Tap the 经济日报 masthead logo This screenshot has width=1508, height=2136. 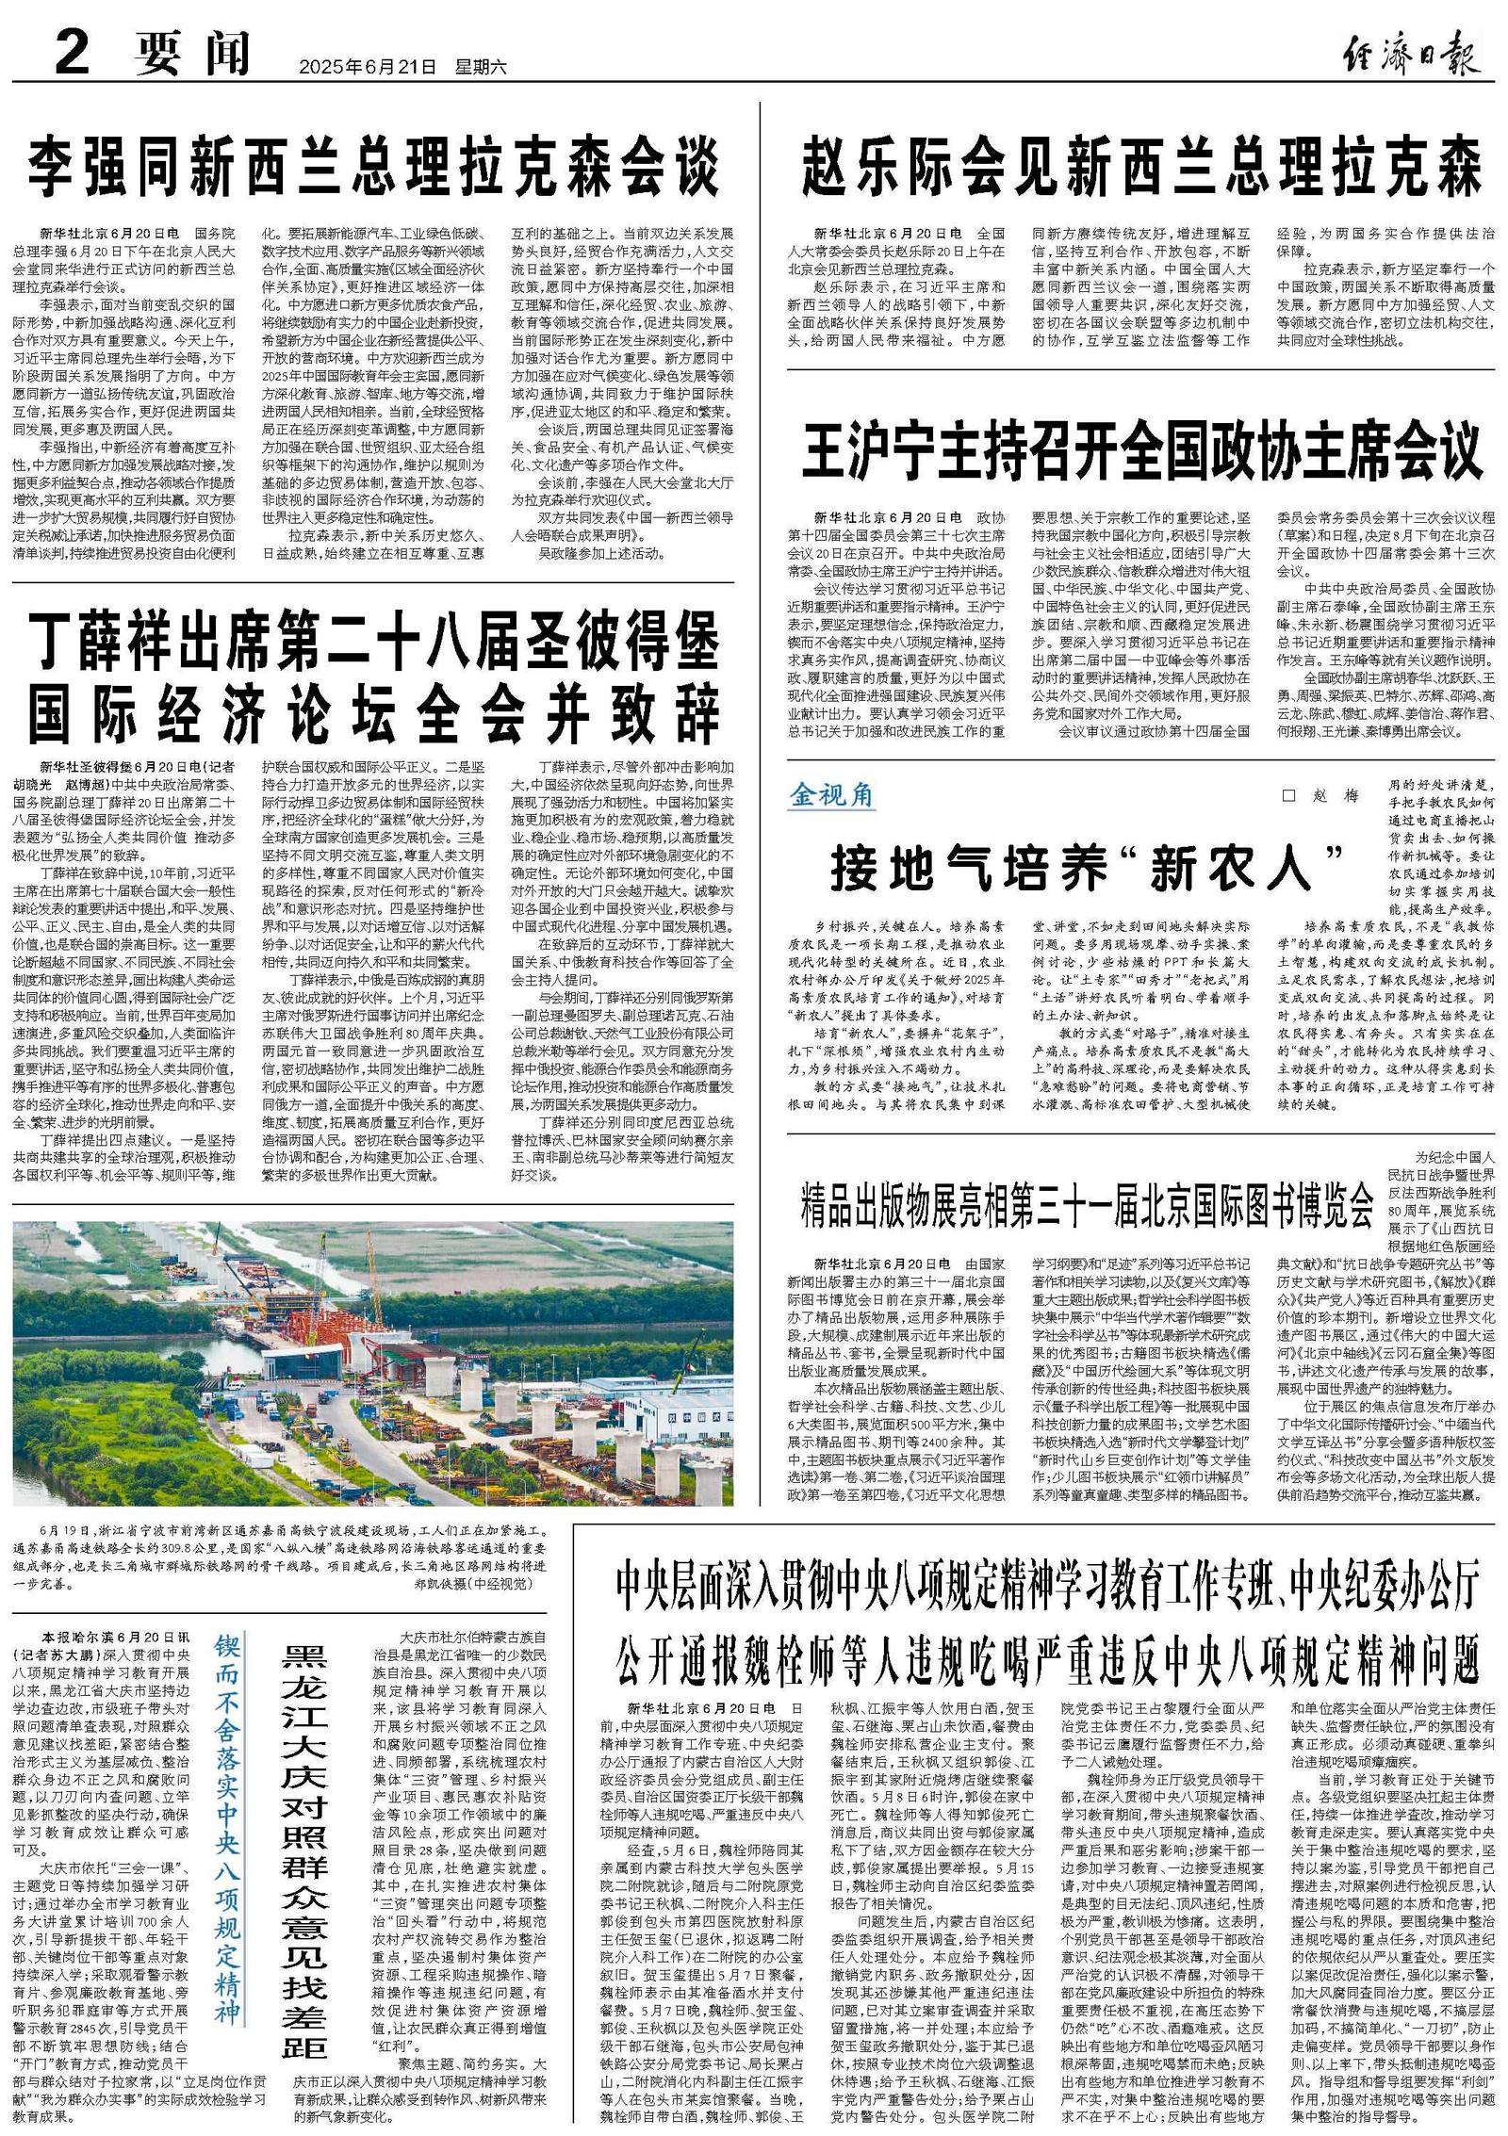(x=1411, y=53)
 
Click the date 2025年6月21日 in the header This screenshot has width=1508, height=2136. (x=369, y=67)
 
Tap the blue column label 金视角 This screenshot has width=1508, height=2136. (x=831, y=796)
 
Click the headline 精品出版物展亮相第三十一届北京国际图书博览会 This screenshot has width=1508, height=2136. (x=1087, y=1204)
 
